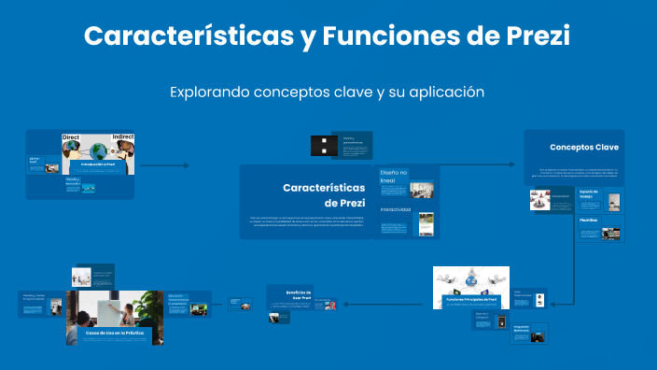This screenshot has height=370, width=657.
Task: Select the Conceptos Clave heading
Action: point(583,148)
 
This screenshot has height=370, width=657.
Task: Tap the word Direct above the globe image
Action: point(70,138)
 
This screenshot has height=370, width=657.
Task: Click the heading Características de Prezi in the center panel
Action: point(324,195)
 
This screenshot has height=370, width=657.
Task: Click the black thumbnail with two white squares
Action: point(323,145)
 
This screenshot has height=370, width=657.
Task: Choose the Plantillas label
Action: point(588,221)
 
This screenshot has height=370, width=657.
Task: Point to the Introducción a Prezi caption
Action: point(97,164)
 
